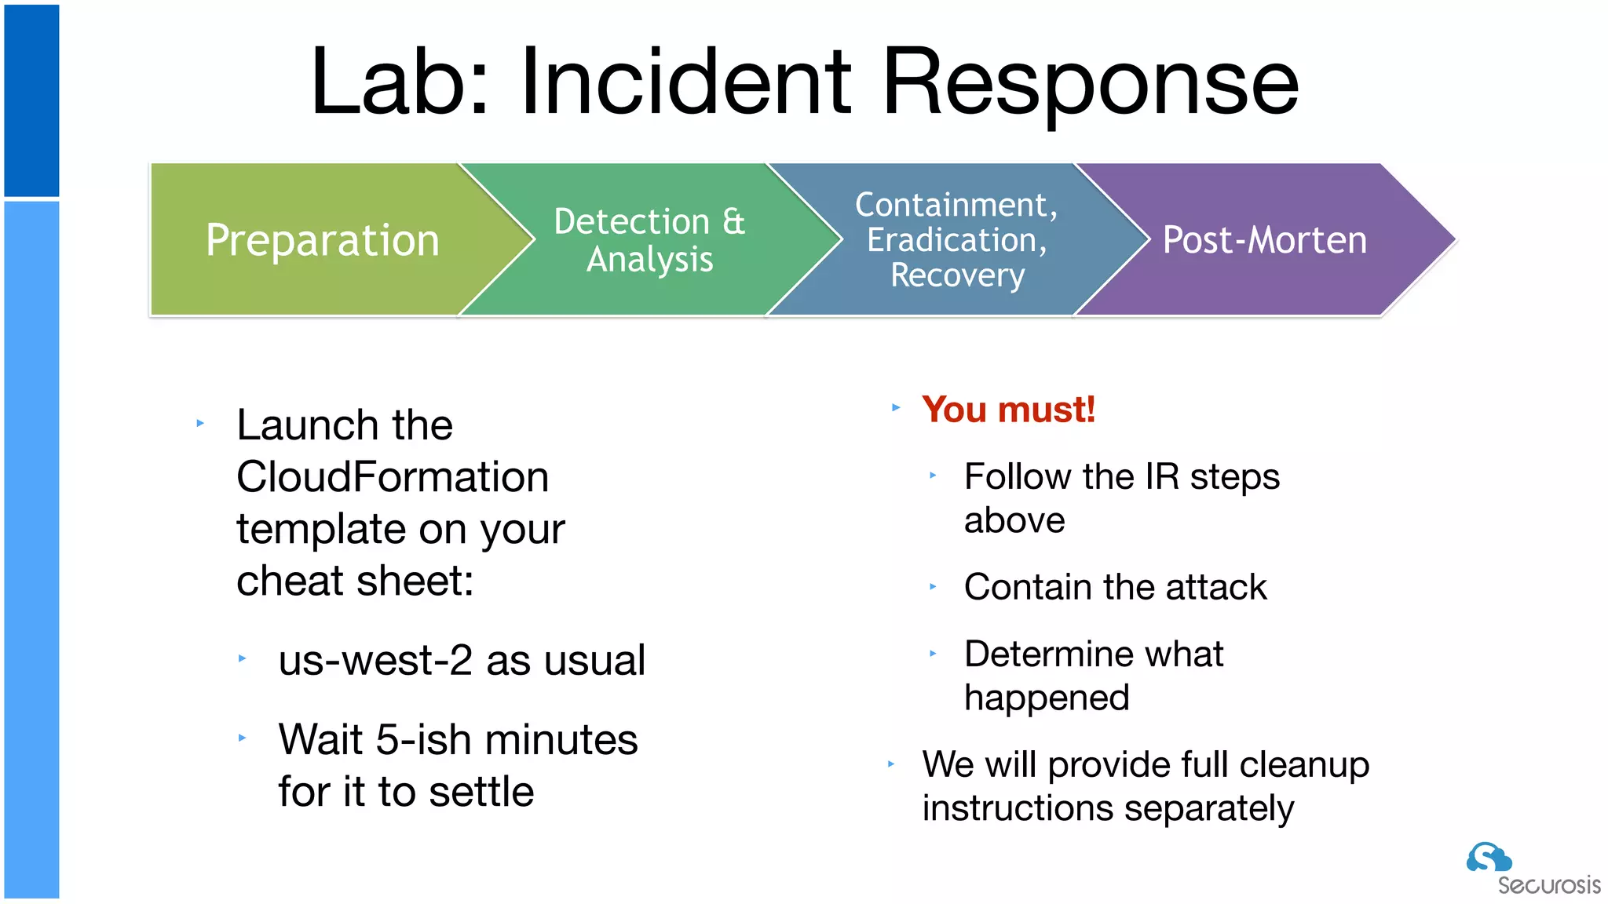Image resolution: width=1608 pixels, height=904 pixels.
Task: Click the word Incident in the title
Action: pos(685,82)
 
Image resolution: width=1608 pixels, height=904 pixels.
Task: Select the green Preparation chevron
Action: pos(322,240)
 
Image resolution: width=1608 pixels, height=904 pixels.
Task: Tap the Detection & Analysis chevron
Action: pos(649,240)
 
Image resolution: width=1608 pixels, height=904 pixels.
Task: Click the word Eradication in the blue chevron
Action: pos(956,240)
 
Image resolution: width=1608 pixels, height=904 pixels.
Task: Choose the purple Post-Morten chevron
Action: pos(1264,240)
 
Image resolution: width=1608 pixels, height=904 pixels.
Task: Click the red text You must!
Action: pos(1008,410)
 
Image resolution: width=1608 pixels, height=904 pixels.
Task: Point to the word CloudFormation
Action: pos(393,477)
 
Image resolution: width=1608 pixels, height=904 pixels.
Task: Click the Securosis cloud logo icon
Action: pos(1489,857)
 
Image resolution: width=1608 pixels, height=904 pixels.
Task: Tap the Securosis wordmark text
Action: pos(1548,885)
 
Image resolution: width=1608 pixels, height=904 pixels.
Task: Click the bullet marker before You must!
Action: pos(896,407)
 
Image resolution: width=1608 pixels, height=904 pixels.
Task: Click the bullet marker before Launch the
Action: pos(200,423)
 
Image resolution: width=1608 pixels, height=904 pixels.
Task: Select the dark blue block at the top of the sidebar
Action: pos(31,100)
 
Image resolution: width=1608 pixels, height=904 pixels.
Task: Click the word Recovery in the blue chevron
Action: pos(957,275)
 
